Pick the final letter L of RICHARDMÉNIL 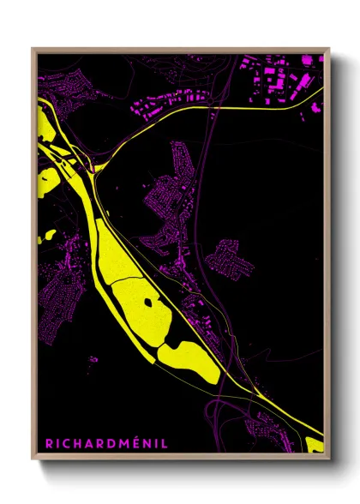[x=165, y=444]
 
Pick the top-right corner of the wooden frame [x=328, y=49]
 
